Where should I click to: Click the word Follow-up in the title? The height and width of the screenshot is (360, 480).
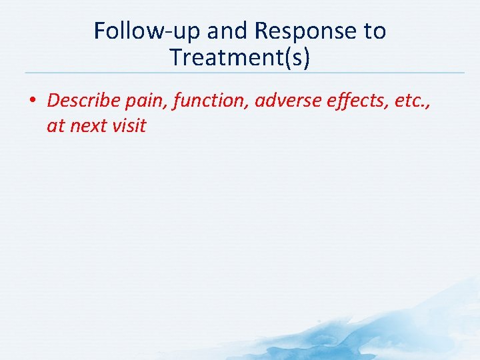(x=148, y=31)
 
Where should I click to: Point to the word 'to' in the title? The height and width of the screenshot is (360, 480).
(x=375, y=31)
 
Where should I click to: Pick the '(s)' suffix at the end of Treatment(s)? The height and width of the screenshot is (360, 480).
(x=297, y=58)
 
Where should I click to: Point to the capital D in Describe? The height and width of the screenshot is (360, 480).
(x=53, y=101)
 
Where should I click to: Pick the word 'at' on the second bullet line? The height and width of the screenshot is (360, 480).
(x=55, y=126)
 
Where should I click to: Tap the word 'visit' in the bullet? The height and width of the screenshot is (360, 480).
(x=129, y=125)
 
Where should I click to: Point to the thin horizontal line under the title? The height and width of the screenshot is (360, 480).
(x=240, y=73)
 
